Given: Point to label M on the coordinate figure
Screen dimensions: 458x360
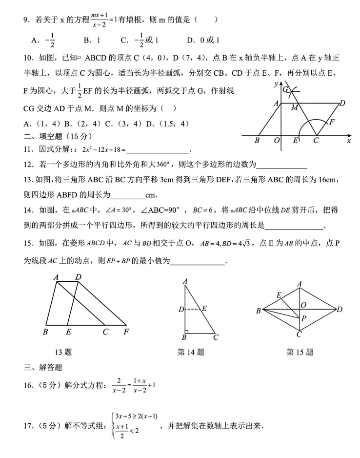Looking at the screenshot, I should pyautogui.click(x=295, y=108).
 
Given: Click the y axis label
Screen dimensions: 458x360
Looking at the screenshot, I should pyautogui.click(x=276, y=84).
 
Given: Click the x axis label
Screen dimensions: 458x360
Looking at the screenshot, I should pyautogui.click(x=349, y=141).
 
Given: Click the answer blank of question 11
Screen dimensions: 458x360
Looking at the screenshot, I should pyautogui.click(x=157, y=149).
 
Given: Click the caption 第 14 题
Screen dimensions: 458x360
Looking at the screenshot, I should pyautogui.click(x=191, y=352).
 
